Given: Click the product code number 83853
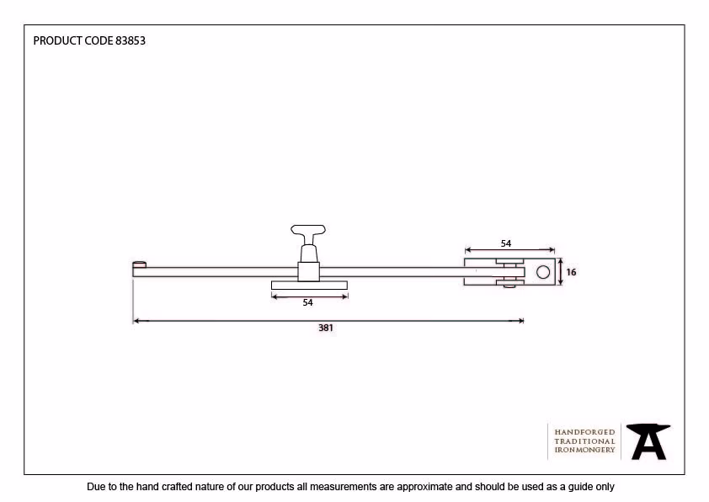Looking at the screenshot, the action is (131, 40).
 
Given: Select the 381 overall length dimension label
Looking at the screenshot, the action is (326, 328).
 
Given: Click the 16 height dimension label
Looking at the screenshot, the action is (571, 272).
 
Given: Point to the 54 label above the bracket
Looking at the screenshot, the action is (506, 243).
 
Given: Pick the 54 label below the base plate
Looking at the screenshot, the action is (308, 302).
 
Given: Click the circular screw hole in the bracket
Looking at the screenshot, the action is (543, 272).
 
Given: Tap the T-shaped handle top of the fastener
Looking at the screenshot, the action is (308, 230).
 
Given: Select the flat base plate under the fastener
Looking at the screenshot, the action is (309, 285).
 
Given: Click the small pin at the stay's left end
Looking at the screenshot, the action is (139, 264).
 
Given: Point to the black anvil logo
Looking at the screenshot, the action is (648, 441).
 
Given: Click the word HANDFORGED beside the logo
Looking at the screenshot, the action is (584, 432).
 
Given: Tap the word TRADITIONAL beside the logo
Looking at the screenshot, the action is (584, 441).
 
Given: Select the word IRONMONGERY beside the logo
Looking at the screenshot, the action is (584, 450).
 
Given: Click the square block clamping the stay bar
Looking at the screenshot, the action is (309, 272).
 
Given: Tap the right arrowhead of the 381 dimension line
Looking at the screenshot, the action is (520, 321).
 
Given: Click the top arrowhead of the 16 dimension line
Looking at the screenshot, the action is (561, 262).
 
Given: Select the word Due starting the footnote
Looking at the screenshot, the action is (96, 487).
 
